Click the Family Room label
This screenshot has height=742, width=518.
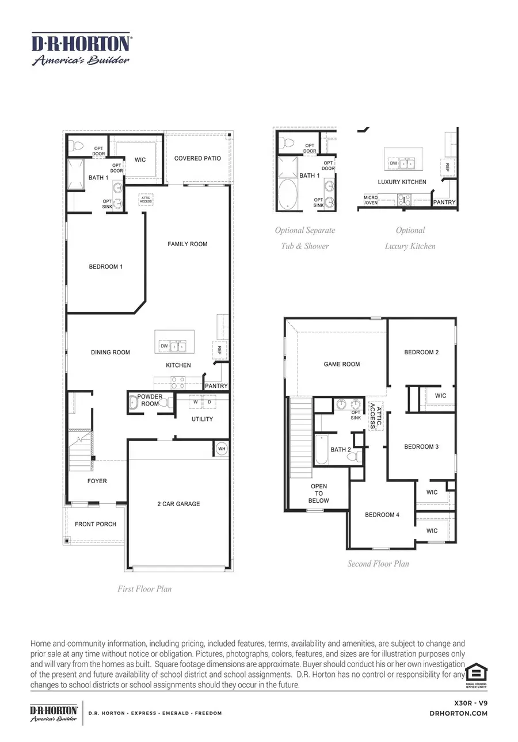coord(187,244)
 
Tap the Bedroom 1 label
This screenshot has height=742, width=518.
coord(105,267)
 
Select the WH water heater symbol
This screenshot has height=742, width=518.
coord(221,448)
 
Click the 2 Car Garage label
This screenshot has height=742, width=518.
coord(178,504)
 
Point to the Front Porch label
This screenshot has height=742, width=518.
coord(96,524)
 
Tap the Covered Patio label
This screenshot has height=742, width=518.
coord(197,158)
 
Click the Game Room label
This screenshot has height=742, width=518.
coord(342,364)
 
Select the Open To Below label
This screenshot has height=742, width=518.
coord(318,494)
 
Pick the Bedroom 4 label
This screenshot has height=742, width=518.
coord(382,515)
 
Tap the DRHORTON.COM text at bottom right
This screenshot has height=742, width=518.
coord(459,713)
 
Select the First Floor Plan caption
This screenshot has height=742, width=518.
coord(144,588)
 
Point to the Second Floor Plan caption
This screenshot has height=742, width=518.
coord(378,564)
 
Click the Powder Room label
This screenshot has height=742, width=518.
coord(150,400)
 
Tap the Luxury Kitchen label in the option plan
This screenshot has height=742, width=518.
coord(402,182)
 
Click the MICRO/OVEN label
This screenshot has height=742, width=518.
coord(371,200)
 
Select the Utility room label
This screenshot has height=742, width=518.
coord(202,419)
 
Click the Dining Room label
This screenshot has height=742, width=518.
coord(111,353)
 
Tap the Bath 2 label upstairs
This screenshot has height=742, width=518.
coord(341,449)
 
